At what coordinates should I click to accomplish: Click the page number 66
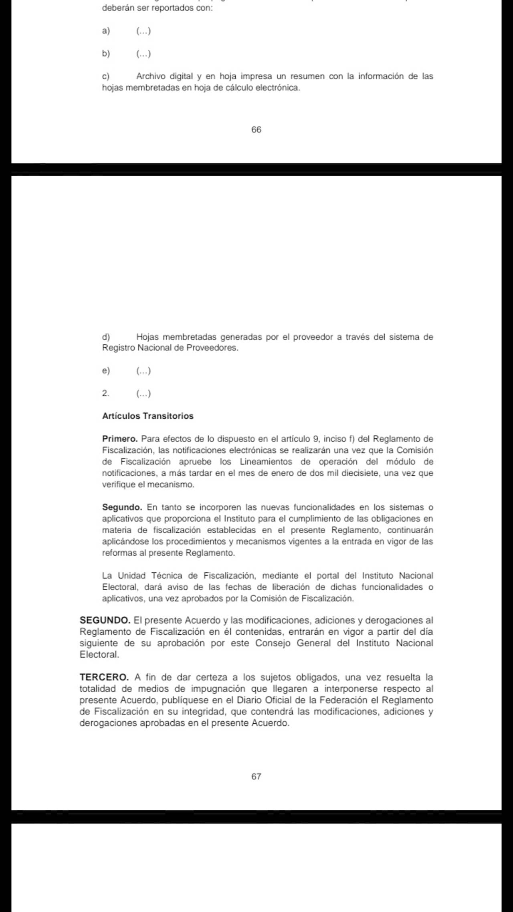[x=256, y=129]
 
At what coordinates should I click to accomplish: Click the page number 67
[x=256, y=777]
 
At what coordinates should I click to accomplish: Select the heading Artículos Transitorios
[x=148, y=416]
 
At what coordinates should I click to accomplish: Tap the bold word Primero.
[x=120, y=439]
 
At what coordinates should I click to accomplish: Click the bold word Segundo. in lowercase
[x=122, y=507]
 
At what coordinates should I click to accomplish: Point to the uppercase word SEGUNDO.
[x=105, y=621]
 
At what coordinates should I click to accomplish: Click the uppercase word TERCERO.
[x=104, y=678]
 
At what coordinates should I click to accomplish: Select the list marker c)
[x=106, y=76]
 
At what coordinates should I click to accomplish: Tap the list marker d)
[x=106, y=337]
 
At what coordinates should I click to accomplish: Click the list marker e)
[x=106, y=371]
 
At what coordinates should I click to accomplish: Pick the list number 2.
[x=105, y=393]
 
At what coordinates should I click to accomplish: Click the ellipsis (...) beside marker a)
[x=143, y=31]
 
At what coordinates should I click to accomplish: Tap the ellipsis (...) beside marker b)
[x=143, y=54]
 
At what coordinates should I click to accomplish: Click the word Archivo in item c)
[x=151, y=76]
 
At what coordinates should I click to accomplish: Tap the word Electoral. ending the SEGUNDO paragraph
[x=99, y=655]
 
